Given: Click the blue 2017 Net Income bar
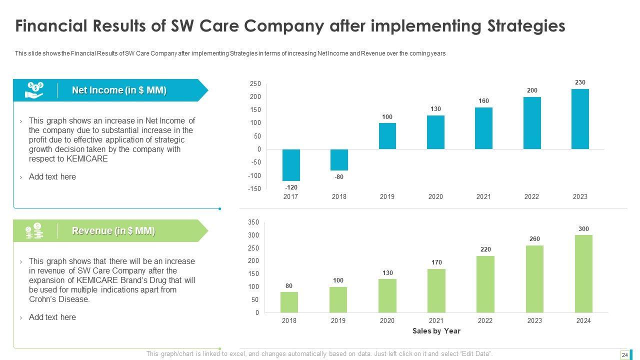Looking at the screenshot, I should pos(290,165).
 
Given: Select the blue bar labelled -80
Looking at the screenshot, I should pos(339,160).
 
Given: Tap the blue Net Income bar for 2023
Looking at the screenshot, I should pos(580,119).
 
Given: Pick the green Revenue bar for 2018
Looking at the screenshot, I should pos(289,302).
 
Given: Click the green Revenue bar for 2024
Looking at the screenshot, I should pos(583,273).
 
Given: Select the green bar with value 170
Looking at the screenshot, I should pos(436,290).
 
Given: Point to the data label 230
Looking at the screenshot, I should pos(580,82).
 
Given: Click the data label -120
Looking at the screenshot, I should pos(291,187).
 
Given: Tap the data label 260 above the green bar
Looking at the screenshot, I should pos(534,239).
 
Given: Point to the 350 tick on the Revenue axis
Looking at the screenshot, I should pos(253,222).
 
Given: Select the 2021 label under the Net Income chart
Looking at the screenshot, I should pos(483,196).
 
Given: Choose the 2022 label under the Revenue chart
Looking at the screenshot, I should pos(485,320).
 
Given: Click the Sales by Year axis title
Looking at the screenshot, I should pos(436,331).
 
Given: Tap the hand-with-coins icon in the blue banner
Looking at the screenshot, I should pos(34,90).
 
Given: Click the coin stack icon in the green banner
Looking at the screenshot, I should pos(34,230).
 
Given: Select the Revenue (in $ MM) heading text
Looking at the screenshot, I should pos(113,230).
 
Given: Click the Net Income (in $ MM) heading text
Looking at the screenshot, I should pos(119,90).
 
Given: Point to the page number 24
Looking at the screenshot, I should pos(624,355).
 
